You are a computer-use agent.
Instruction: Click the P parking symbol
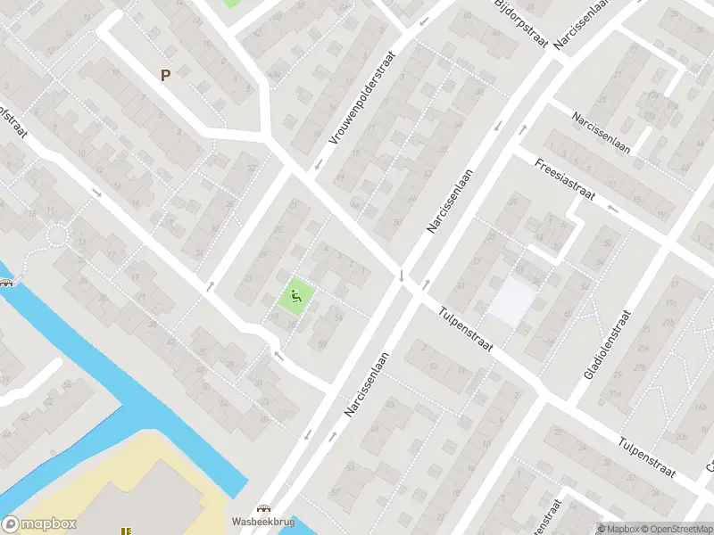165,76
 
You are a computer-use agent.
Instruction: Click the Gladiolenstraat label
607,344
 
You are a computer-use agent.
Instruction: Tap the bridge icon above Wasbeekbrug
264,507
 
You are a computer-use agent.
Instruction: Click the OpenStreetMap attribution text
675,529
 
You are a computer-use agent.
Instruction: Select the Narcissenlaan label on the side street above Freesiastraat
602,133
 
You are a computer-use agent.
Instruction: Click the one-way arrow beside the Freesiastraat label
611,208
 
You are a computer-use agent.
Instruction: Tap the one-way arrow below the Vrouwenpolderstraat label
317,165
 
